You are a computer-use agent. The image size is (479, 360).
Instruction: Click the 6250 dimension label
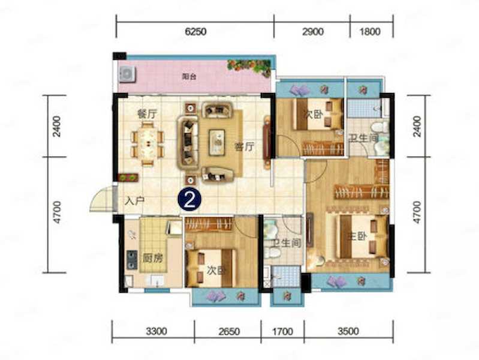pyautogui.click(x=196, y=32)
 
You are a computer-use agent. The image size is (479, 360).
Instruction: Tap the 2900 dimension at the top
pyautogui.click(x=313, y=32)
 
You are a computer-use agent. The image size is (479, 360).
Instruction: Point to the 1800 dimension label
pyautogui.click(x=370, y=32)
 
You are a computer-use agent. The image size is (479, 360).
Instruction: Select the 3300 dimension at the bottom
pyautogui.click(x=156, y=331)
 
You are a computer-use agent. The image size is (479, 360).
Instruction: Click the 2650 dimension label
pyautogui.click(x=229, y=331)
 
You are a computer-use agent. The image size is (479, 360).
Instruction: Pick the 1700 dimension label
pyautogui.click(x=282, y=331)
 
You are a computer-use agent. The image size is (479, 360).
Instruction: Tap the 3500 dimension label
pyautogui.click(x=348, y=331)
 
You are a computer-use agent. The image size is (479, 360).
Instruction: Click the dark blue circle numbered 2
pyautogui.click(x=189, y=199)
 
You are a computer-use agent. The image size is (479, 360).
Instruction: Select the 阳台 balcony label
pyautogui.click(x=189, y=77)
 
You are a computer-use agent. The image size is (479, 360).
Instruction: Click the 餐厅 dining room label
pyautogui.click(x=147, y=114)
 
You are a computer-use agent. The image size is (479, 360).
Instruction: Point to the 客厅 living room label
pyautogui.click(x=245, y=147)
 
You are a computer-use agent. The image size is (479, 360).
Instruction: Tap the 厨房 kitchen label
pyautogui.click(x=153, y=259)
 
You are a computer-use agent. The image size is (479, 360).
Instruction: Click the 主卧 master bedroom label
pyautogui.click(x=357, y=236)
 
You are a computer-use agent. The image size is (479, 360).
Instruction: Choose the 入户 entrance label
pyautogui.click(x=135, y=201)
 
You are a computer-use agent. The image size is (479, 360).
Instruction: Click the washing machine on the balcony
pyautogui.click(x=127, y=74)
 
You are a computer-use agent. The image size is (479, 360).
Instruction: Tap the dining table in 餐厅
pyautogui.click(x=148, y=144)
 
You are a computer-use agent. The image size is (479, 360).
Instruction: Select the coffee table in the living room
pyautogui.click(x=217, y=142)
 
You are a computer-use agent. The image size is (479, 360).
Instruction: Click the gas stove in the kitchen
pyautogui.click(x=132, y=259)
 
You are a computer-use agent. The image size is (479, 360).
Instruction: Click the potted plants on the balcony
pyautogui.click(x=249, y=68)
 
